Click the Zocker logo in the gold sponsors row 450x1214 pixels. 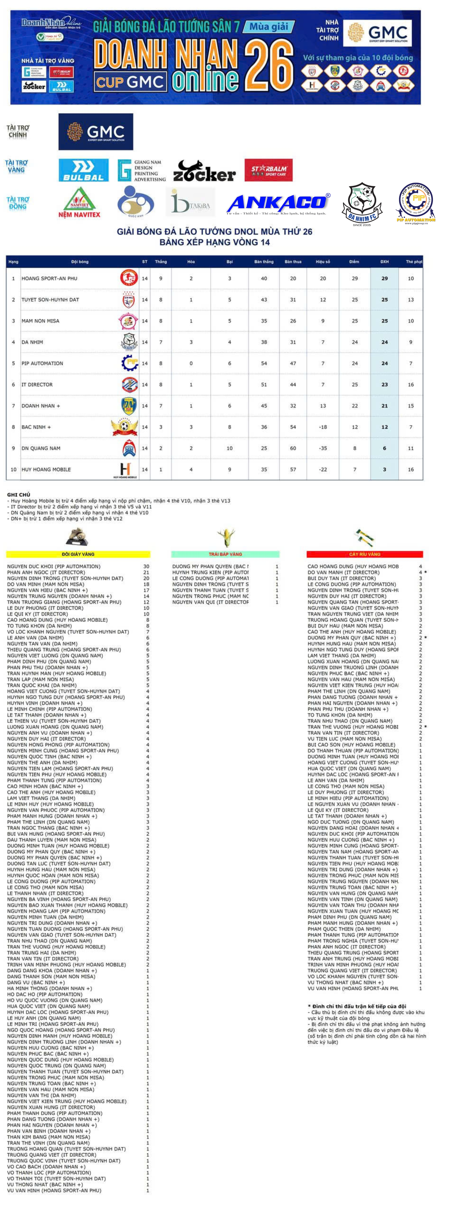point(204,171)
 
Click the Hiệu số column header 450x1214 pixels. point(323,262)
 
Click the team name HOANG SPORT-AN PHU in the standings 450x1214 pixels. point(50,278)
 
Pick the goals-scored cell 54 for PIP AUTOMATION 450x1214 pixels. point(264,363)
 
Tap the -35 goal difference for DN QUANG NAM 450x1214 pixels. point(323,448)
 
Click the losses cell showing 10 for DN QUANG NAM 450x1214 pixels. point(230,448)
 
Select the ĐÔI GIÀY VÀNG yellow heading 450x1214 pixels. point(78,554)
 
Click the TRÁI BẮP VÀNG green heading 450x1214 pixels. point(225,554)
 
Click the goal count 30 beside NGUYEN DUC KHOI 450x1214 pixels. point(146,566)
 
